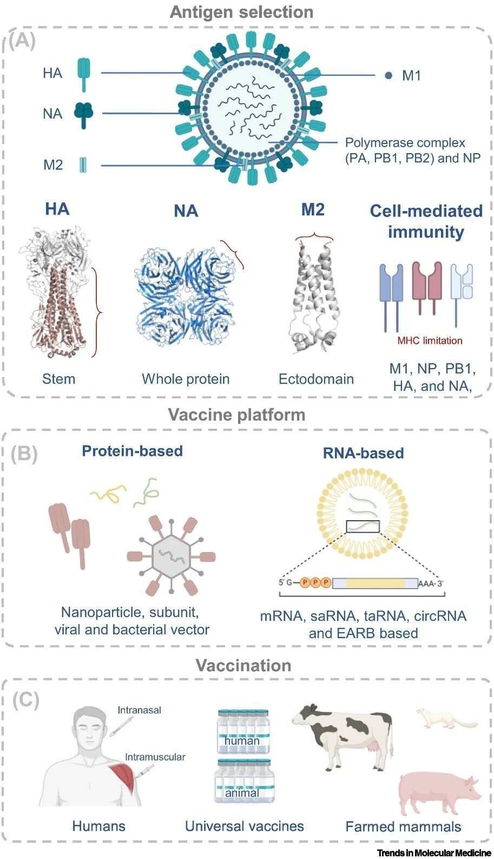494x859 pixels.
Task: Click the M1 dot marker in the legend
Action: coord(388,75)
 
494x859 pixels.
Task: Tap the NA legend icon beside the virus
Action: coord(84,114)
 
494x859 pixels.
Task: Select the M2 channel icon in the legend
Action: coord(83,165)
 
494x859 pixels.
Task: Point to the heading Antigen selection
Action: coord(241,12)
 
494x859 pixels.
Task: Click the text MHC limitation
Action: coord(430,340)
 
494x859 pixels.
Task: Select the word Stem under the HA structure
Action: coord(58,379)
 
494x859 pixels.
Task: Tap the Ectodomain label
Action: coord(316,379)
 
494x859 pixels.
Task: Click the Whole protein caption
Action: coord(186,379)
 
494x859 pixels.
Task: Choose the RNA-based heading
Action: coord(363,453)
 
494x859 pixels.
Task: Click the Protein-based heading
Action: coord(132,451)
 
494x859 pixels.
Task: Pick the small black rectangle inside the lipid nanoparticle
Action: coord(363,526)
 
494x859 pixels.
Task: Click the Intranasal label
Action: coord(139,710)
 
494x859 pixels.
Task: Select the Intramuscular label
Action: coord(155,757)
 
